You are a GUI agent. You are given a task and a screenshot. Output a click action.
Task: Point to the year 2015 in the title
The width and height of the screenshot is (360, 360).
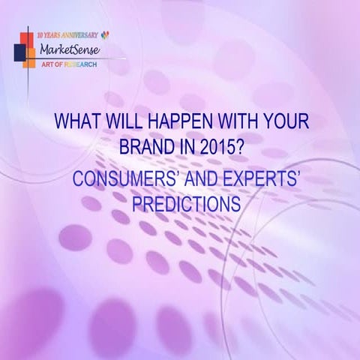pyautogui.click(x=222, y=145)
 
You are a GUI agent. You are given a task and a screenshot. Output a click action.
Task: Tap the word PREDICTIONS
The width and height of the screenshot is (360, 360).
pyautogui.click(x=185, y=202)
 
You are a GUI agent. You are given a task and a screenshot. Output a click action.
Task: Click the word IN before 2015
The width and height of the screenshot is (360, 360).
pyautogui.click(x=184, y=145)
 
